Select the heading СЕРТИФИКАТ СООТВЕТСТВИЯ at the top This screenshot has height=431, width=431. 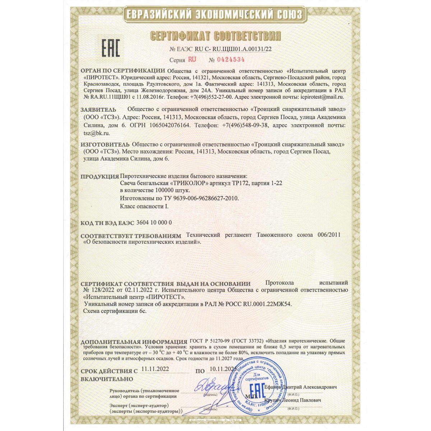coord(215,36)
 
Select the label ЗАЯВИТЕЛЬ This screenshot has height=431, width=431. coord(98,109)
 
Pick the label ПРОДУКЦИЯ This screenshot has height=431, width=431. coord(99,177)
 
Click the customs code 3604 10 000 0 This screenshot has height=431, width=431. coord(154,223)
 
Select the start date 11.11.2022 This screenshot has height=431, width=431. coord(155,369)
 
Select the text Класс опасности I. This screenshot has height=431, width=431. coord(144,207)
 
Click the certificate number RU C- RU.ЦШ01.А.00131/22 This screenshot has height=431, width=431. coord(232,49)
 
